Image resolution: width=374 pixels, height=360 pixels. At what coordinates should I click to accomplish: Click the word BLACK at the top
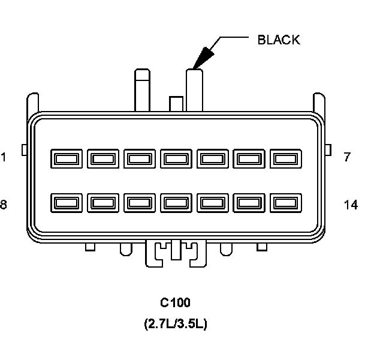pos(278,40)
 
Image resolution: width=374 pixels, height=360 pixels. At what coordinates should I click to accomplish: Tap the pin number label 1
pos(4,158)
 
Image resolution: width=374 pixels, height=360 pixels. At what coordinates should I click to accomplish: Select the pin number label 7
pos(347,158)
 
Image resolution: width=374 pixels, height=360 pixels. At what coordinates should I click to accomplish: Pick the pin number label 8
pos(4,205)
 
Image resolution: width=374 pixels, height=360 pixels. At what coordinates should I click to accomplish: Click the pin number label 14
pos(351,205)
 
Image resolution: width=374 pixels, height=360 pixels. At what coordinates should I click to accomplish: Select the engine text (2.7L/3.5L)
pos(176,324)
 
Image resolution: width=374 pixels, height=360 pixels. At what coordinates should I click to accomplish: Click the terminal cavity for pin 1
pos(65,159)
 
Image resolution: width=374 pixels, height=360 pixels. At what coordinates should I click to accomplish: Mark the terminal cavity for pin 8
pos(65,203)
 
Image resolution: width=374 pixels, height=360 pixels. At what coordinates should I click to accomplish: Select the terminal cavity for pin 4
pos(176,159)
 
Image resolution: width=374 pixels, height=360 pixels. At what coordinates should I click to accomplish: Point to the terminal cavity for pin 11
pos(176,203)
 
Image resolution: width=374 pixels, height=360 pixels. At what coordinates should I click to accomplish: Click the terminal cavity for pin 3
pos(139,159)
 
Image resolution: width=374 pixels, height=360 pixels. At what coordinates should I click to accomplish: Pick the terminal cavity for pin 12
pos(212,203)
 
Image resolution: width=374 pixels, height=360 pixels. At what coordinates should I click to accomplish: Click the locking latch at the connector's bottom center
pos(176,252)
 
